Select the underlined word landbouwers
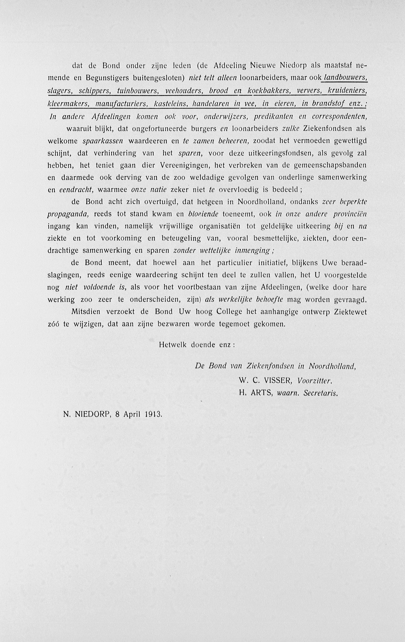tap(346, 78)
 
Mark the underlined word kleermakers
tap(68, 103)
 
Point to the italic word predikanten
tap(270, 116)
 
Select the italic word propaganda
tap(68, 214)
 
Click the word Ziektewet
tap(350, 312)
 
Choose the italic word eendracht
tap(76, 190)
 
